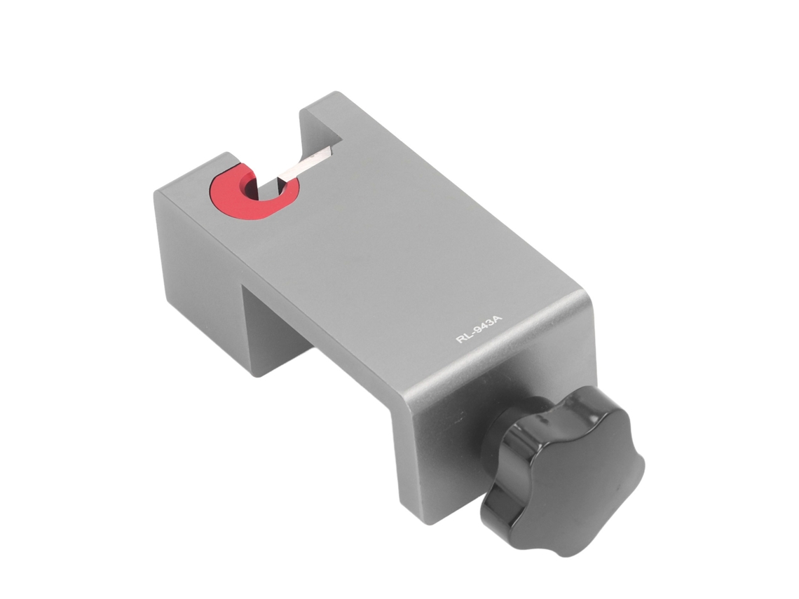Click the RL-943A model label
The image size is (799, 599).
(479, 329)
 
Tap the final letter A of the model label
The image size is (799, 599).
(498, 319)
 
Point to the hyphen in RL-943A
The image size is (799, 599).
(472, 333)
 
